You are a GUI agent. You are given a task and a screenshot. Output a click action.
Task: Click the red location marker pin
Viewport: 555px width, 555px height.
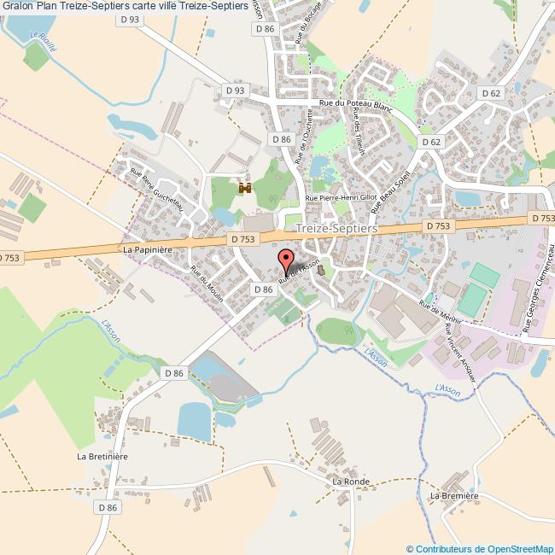286,260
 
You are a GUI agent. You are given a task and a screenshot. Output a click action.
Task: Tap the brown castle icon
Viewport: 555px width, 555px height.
246,188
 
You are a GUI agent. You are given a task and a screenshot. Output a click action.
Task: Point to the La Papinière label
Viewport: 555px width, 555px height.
148,248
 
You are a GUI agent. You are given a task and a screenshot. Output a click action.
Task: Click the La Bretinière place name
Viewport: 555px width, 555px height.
102,457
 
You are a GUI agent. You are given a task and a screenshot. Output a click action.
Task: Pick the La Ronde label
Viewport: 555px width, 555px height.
350,482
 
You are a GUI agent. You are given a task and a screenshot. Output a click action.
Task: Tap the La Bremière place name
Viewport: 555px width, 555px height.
454,495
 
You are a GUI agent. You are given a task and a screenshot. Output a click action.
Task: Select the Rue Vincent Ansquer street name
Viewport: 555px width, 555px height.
461,346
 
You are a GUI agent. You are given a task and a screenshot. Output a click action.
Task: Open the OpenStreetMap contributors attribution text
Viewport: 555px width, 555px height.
480,548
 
